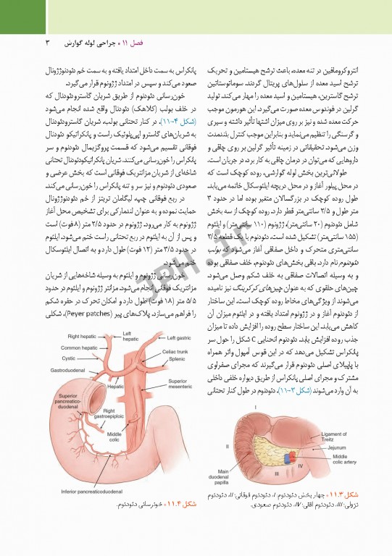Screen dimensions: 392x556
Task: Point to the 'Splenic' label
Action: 176,360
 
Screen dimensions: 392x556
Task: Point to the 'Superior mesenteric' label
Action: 180,384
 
